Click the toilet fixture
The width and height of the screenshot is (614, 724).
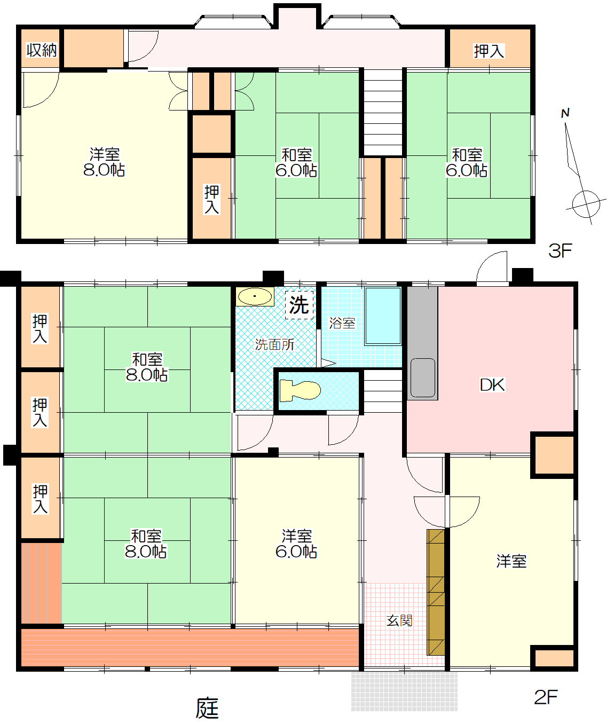point(300,390)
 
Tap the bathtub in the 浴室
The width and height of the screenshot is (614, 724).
point(383,316)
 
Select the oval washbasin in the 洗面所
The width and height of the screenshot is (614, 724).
point(255,297)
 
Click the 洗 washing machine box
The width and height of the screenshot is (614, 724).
point(299,305)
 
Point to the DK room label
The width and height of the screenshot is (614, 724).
point(492,385)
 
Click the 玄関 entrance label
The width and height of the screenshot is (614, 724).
point(399,620)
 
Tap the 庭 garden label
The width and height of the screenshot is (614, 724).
point(207,708)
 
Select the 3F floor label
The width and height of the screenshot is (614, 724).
point(560,251)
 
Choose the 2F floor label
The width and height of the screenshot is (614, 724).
point(546,697)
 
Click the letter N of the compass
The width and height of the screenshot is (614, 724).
point(565,113)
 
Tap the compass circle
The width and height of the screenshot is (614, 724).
point(586,204)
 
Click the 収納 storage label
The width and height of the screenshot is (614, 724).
point(41,50)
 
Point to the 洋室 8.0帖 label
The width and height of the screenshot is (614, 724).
point(104,162)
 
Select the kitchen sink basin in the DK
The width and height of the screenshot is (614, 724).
point(423,377)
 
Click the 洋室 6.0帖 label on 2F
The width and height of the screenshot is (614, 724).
point(296,544)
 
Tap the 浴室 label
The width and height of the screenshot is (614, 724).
point(342,323)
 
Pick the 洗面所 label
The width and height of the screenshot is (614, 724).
point(274,345)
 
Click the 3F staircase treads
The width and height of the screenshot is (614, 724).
point(383,112)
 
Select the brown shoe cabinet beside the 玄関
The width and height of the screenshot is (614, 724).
point(436,592)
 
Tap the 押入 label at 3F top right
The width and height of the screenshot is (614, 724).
point(489,51)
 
